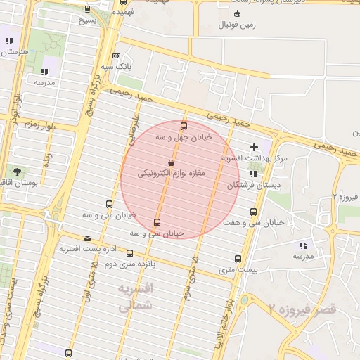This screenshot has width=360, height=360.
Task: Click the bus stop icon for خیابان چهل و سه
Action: pos(184,127)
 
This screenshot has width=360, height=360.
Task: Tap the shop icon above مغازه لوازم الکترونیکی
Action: pos(171,163)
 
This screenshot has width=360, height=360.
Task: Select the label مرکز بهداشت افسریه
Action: pos(255,158)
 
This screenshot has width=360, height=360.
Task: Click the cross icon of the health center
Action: pos(254,147)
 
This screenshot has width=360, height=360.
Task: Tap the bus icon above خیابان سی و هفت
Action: pos(253,212)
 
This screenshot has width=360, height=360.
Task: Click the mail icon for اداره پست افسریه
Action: pos(87,238)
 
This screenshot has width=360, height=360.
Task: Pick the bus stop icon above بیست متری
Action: pos(238,259)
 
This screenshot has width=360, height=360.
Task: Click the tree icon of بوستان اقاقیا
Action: pos(16,171)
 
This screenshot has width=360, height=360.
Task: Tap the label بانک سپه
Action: pos(117,66)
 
